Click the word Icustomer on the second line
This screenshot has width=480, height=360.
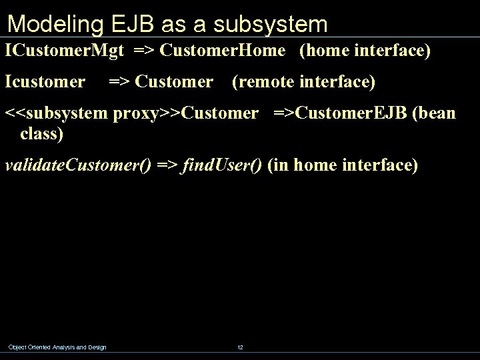(x=45, y=82)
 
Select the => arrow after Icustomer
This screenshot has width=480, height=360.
(x=120, y=82)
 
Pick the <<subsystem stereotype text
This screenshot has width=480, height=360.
(x=58, y=113)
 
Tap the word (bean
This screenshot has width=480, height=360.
(x=435, y=113)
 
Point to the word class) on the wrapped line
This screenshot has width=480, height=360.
(x=42, y=134)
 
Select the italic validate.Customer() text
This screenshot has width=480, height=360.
(x=78, y=166)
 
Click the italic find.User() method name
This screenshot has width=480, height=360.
(x=222, y=166)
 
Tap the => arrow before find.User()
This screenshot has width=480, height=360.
(x=167, y=166)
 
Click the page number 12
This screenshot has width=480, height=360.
(x=240, y=347)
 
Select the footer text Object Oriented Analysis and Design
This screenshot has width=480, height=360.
(x=57, y=347)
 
